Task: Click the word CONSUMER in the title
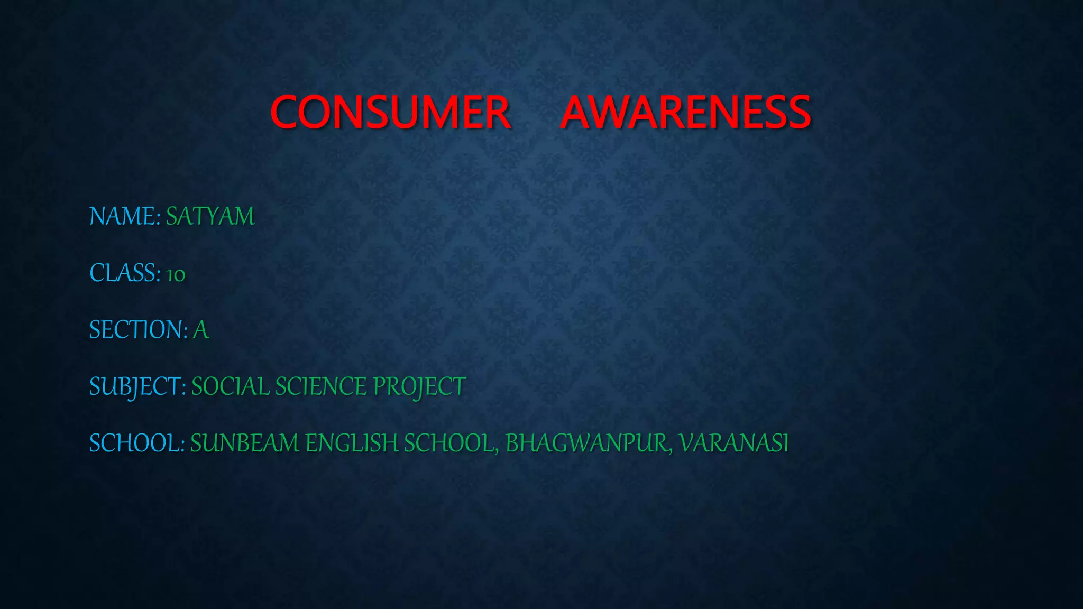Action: coord(390,112)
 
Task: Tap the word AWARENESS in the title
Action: coord(685,112)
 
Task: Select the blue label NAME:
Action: coord(125,216)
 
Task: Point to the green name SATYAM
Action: coord(210,216)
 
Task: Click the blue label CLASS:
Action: coord(125,273)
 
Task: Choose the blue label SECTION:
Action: coord(138,330)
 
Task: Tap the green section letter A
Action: coord(201,330)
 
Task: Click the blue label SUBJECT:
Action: coord(137,387)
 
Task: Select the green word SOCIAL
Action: coord(230,387)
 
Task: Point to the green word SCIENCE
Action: coord(321,387)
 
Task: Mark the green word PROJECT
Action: coord(419,387)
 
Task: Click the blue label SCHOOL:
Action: coord(136,443)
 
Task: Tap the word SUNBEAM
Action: coord(245,443)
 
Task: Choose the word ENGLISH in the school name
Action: coord(352,443)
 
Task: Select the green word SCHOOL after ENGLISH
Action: coord(448,443)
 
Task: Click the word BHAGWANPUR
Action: coord(586,443)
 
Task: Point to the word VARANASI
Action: coord(734,443)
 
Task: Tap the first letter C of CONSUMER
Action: coord(286,112)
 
